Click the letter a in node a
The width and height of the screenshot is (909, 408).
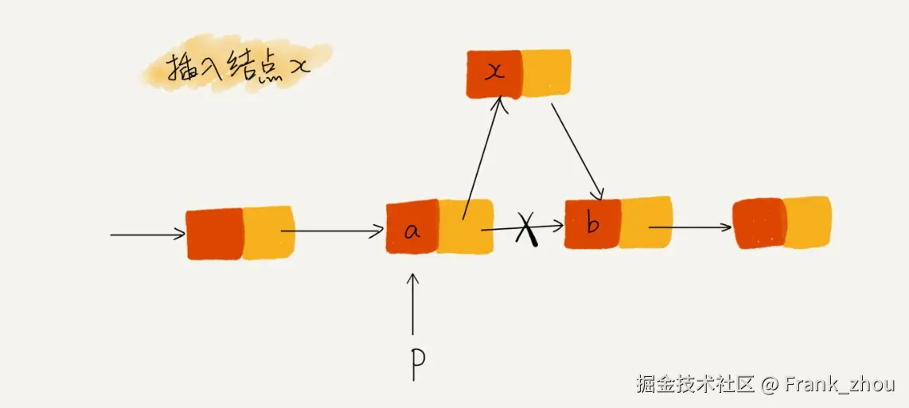click(x=412, y=231)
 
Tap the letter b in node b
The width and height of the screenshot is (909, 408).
click(x=592, y=225)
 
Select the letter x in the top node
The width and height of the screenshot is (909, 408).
click(x=495, y=72)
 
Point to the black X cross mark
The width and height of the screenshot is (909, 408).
click(x=526, y=230)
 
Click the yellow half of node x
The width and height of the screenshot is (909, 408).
click(x=546, y=73)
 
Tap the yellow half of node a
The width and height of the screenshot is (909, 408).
click(x=465, y=227)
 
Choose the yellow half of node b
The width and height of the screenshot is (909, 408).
click(x=645, y=222)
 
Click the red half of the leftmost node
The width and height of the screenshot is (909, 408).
click(x=214, y=234)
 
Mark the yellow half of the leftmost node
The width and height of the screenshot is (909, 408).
click(x=268, y=232)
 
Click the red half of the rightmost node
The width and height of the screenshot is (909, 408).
click(x=759, y=223)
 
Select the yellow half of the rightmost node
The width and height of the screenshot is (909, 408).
click(x=808, y=223)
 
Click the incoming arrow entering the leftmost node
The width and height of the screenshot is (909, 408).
click(x=147, y=235)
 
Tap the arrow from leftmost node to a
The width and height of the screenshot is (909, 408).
click(x=333, y=231)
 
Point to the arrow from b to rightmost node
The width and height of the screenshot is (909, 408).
click(x=689, y=227)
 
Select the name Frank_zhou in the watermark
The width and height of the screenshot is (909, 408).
click(x=839, y=385)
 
